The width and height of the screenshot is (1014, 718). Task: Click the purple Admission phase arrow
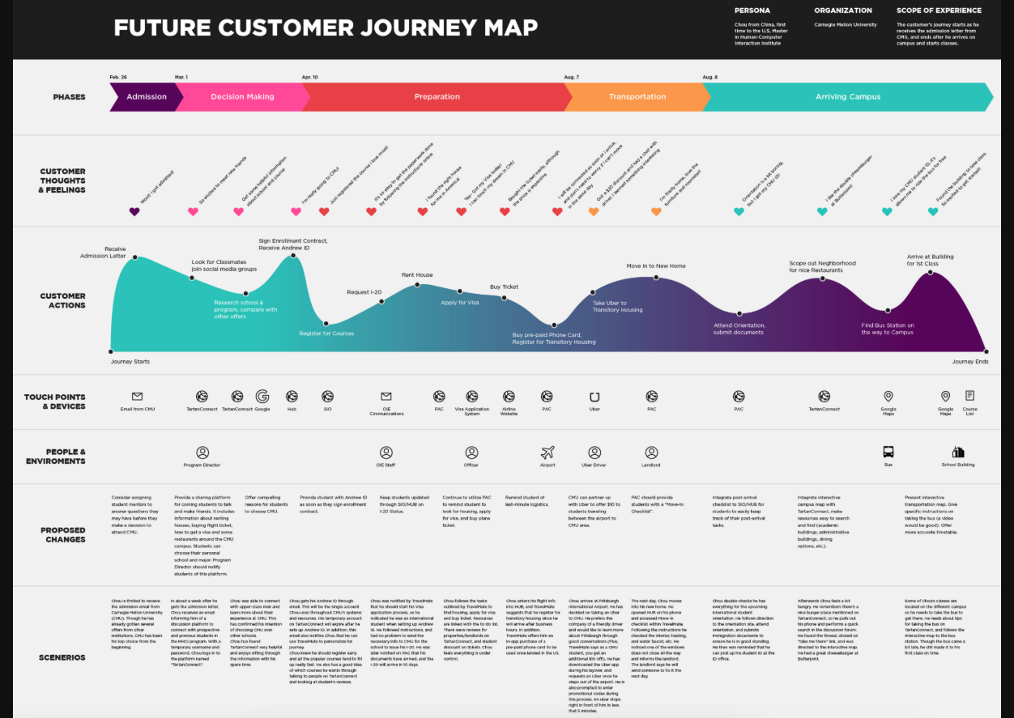click(146, 97)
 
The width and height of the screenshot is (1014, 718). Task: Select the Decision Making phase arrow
click(242, 97)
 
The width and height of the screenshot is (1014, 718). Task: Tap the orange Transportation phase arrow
click(637, 97)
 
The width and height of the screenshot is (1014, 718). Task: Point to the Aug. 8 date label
click(709, 77)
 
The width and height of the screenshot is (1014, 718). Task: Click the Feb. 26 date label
click(118, 77)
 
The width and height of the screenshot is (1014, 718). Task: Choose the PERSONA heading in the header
click(752, 11)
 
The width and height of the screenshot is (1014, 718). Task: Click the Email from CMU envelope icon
click(137, 397)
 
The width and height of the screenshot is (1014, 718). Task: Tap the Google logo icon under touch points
click(262, 397)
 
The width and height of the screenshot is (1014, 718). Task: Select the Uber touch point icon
click(594, 397)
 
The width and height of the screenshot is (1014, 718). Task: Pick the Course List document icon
click(969, 396)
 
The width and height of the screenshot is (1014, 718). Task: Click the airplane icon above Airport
click(547, 452)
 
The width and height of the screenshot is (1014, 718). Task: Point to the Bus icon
click(888, 452)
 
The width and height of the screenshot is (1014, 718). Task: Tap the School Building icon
click(958, 452)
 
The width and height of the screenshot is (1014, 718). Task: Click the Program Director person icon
click(202, 452)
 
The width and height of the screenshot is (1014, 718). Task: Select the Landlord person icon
click(651, 452)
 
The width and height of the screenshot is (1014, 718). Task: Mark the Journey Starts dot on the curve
click(110, 351)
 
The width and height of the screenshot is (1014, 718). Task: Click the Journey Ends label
click(969, 362)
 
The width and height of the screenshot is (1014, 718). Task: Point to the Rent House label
click(417, 275)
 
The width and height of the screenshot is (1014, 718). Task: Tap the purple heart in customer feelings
click(134, 212)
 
